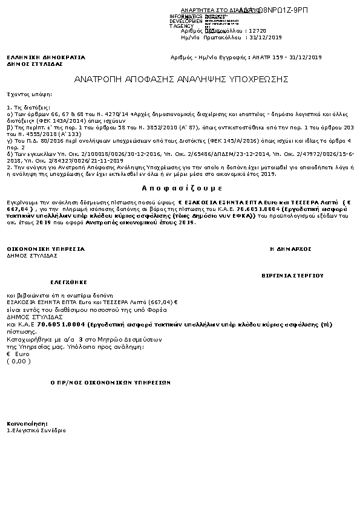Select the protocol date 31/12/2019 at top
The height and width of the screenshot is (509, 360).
tap(267, 37)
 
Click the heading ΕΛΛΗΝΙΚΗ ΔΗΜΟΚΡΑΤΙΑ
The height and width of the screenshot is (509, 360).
tap(46, 57)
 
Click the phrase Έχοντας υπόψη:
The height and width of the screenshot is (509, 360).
tap(29, 94)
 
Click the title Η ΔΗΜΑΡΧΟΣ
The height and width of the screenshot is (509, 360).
tap(290, 248)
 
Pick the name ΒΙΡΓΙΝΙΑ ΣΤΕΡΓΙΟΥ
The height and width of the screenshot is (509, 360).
tap(292, 275)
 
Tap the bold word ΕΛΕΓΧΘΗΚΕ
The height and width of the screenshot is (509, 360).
tap(68, 282)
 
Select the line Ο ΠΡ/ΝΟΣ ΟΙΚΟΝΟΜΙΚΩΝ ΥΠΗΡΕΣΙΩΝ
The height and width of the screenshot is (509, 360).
tap(111, 383)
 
